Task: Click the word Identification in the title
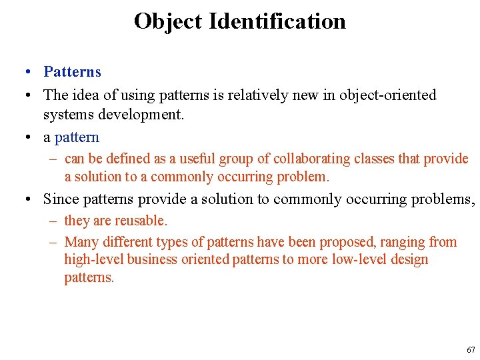point(277,21)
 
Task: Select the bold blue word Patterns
point(72,72)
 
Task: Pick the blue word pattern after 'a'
point(77,137)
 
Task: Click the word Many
point(81,242)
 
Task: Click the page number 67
point(471,350)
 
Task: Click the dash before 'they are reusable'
point(55,221)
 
